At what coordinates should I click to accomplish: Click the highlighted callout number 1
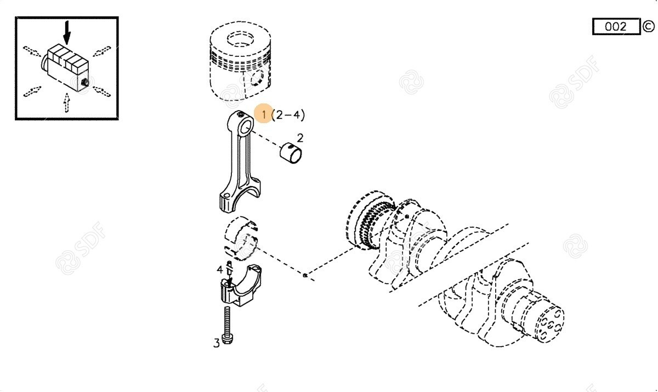[264, 114]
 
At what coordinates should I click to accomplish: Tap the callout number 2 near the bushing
[300, 138]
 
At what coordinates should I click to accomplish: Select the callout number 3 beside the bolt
[217, 343]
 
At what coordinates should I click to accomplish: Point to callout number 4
[220, 269]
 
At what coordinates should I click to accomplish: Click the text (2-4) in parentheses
[288, 114]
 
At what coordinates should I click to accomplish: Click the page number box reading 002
[616, 27]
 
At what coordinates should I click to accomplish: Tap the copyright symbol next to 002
[648, 26]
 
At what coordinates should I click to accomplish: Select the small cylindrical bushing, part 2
[291, 153]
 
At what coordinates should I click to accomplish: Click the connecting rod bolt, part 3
[227, 325]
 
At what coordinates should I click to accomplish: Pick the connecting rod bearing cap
[241, 286]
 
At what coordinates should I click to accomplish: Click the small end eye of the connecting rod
[246, 128]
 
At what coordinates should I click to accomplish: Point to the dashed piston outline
[241, 60]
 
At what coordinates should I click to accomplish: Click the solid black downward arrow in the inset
[67, 32]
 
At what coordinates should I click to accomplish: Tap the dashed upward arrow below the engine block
[67, 102]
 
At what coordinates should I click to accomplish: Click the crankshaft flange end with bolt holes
[549, 325]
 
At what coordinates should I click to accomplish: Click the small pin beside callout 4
[230, 272]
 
